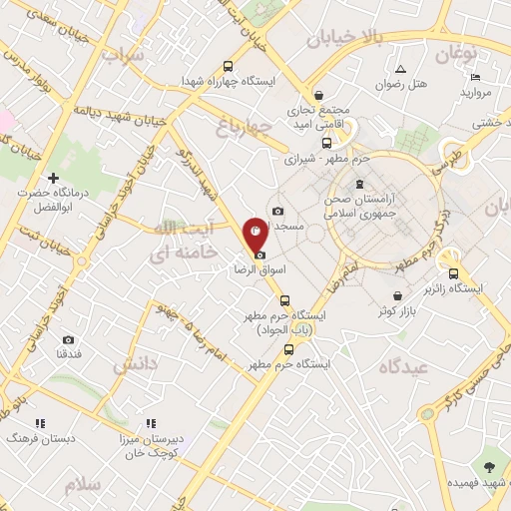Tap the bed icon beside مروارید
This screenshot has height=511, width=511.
(475, 77)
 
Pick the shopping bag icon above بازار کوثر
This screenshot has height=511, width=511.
(399, 296)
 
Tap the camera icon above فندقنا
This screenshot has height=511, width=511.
(68, 339)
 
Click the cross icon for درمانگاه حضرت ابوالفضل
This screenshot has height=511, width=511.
(53, 178)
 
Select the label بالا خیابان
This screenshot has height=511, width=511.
(344, 39)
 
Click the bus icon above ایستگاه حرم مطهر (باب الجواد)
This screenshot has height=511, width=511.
(284, 299)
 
